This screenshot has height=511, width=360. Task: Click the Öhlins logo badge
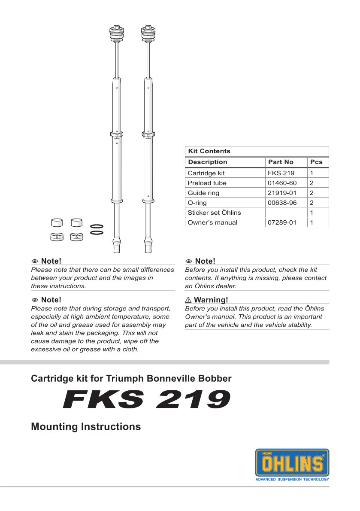pyautogui.click(x=292, y=462)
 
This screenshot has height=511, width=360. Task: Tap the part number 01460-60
pyautogui.click(x=282, y=183)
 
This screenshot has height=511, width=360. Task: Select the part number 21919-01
pyautogui.click(x=282, y=193)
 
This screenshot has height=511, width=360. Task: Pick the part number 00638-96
pyautogui.click(x=282, y=203)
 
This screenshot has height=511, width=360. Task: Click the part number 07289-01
pyautogui.click(x=282, y=222)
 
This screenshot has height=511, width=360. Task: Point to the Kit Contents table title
pyautogui.click(x=209, y=151)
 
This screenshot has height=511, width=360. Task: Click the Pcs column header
pyautogui.click(x=316, y=162)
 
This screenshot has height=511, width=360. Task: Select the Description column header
pyautogui.click(x=208, y=162)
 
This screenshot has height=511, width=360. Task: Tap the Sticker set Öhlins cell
pyautogui.click(x=214, y=213)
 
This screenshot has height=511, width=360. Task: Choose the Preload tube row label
pyautogui.click(x=207, y=183)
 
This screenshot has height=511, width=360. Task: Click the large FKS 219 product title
pyautogui.click(x=146, y=401)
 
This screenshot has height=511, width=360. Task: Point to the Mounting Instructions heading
pyautogui.click(x=86, y=427)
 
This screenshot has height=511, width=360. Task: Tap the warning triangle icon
pyautogui.click(x=188, y=300)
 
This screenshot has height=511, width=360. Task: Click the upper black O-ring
pyautogui.click(x=97, y=226)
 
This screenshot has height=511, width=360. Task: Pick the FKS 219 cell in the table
pyautogui.click(x=281, y=173)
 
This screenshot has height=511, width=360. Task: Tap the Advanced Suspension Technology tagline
pyautogui.click(x=292, y=479)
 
